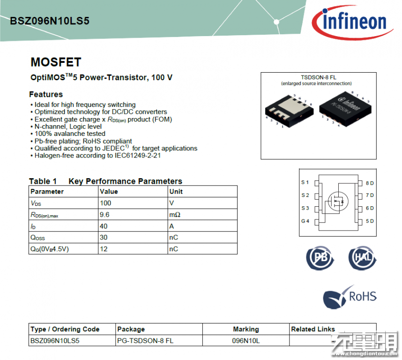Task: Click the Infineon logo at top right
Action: (x=352, y=22)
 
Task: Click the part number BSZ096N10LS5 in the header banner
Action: (x=50, y=21)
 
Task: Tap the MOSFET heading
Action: (x=56, y=62)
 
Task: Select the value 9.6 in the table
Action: (x=104, y=215)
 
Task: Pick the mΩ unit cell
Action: (x=175, y=215)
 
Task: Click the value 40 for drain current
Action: (x=104, y=226)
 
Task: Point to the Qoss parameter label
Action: (x=37, y=238)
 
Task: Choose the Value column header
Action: (x=109, y=192)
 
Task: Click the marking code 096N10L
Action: (x=246, y=341)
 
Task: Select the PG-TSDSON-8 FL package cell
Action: (x=145, y=341)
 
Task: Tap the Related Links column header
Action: (x=313, y=329)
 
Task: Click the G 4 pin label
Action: (x=305, y=221)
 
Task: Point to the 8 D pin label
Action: (x=370, y=183)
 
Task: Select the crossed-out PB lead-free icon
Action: (x=320, y=258)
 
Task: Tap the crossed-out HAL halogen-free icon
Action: (x=363, y=258)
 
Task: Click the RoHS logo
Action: (x=350, y=297)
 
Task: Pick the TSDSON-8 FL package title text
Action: (x=319, y=77)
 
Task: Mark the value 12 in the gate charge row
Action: (x=104, y=249)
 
